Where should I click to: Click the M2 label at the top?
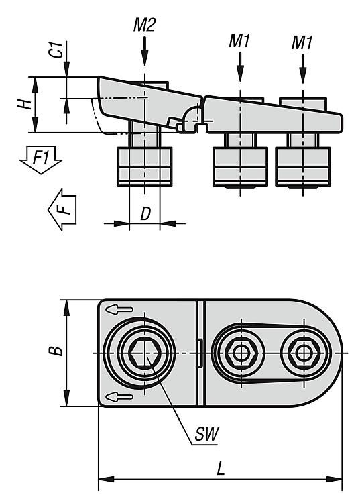click(x=144, y=25)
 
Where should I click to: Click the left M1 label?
click(x=239, y=41)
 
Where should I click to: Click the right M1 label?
click(x=302, y=42)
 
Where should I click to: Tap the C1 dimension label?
click(x=57, y=50)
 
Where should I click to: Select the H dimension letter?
click(x=25, y=104)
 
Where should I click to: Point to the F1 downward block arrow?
click(x=41, y=160)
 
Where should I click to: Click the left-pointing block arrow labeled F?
click(x=62, y=209)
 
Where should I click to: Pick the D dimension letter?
click(x=145, y=213)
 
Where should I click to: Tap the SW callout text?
click(x=206, y=434)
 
